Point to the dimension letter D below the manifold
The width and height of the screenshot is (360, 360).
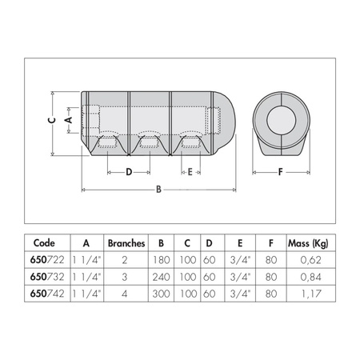coord(127,171)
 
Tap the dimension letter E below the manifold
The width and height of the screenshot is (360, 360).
coord(189,171)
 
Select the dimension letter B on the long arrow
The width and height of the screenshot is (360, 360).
coord(158,190)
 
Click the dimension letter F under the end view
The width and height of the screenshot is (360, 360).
coord(280,171)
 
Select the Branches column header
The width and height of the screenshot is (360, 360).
coord(126,242)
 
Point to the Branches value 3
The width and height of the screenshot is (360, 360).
coord(126,276)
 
